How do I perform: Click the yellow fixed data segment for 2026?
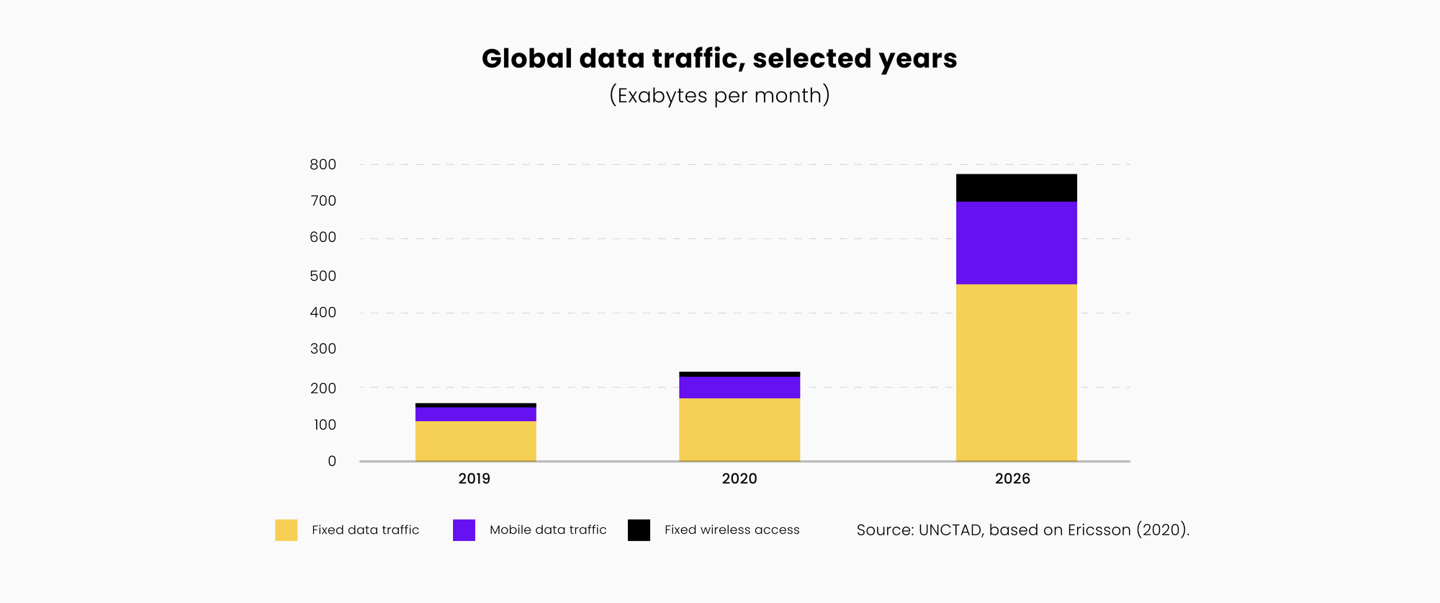tap(1016, 372)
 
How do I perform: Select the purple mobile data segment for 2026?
tap(1016, 243)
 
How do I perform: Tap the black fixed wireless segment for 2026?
tap(1016, 187)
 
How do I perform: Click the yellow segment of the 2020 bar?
tap(739, 429)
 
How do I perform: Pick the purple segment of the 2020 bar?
tap(739, 388)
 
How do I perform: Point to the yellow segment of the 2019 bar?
tap(475, 441)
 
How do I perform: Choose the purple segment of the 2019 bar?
tap(475, 414)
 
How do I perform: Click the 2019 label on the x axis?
tap(474, 479)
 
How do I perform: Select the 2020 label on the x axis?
tap(739, 479)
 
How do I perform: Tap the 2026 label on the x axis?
tap(1012, 479)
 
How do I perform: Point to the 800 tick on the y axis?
tap(323, 164)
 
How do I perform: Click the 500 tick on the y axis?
tap(323, 276)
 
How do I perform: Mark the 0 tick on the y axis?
tap(332, 461)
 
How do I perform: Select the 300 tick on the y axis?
tap(323, 349)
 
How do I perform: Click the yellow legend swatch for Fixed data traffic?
tap(286, 530)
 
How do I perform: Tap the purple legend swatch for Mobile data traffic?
tap(464, 530)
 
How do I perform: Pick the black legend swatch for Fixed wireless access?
tap(639, 530)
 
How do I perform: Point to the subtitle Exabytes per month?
tap(719, 95)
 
